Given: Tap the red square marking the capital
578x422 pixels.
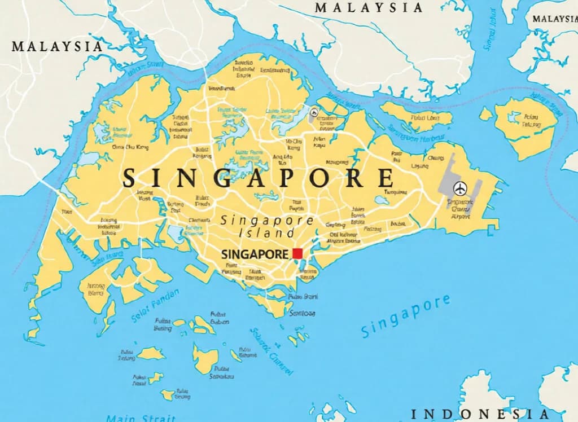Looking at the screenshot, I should click(297, 253).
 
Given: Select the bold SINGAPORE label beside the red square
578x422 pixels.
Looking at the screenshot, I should click(255, 254).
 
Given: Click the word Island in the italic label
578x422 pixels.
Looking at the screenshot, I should click(259, 232).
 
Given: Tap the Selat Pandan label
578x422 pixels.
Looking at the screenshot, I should click(155, 305).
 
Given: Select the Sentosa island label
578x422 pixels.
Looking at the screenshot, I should click(302, 313).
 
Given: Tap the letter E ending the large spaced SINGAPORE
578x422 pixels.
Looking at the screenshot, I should click(386, 178).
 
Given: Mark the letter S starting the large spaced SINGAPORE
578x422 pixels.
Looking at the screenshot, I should click(129, 178).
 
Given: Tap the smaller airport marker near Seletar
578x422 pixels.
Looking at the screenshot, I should click(313, 112).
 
